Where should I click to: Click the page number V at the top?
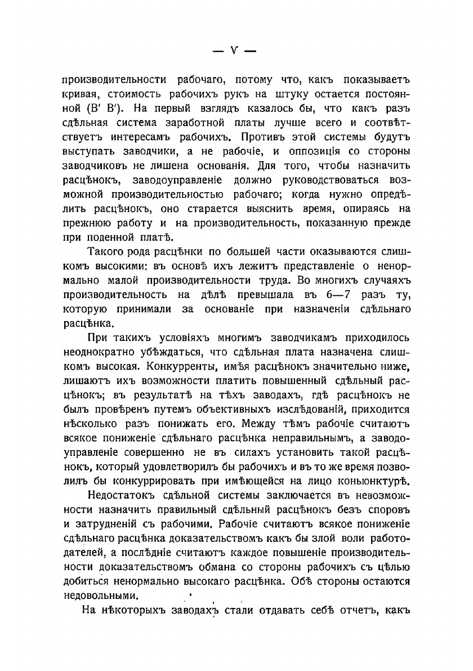click(x=234, y=50)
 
